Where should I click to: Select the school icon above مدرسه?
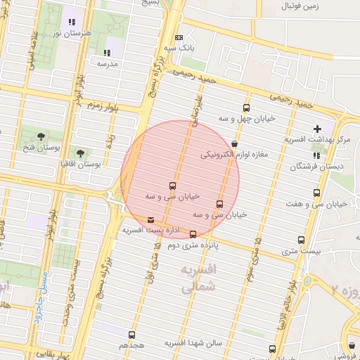click(x=107, y=52)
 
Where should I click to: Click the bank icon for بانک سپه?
click(x=179, y=38)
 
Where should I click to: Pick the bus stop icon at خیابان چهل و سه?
click(x=246, y=108)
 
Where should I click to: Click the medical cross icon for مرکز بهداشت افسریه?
click(x=318, y=129)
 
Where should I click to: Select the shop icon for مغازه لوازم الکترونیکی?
click(x=233, y=143)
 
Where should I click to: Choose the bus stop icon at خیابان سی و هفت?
click(x=316, y=193)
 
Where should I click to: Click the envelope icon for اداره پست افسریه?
click(x=151, y=220)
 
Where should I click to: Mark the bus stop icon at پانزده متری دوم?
click(x=193, y=234)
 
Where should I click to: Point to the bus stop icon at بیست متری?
click(x=302, y=240)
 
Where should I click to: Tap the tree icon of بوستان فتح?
click(x=41, y=136)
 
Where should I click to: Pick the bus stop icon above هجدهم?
click(x=132, y=335)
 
